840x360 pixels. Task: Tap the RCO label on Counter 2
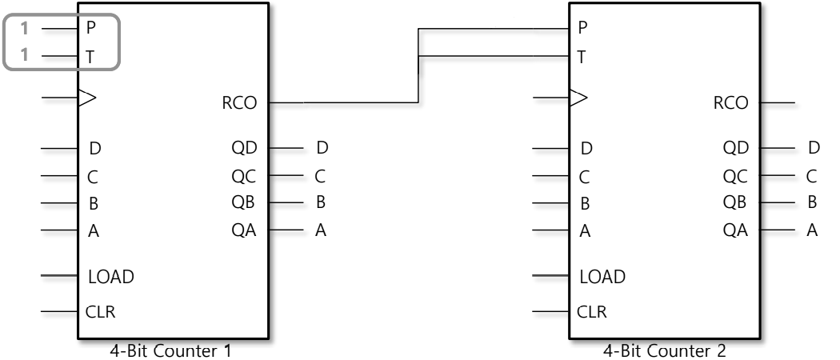click(x=730, y=102)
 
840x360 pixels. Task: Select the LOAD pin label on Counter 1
click(x=110, y=278)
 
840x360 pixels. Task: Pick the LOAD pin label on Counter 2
click(x=602, y=278)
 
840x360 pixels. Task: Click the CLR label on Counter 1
click(x=100, y=312)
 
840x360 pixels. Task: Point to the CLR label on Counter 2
click(x=591, y=312)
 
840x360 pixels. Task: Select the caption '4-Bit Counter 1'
click(x=172, y=350)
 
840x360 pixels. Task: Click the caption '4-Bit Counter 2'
click(x=663, y=350)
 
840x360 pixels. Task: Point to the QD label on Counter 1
click(x=243, y=148)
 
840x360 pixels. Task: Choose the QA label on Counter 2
click(x=734, y=231)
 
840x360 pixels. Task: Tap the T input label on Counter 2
click(x=582, y=57)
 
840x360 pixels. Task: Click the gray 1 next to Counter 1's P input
click(x=24, y=29)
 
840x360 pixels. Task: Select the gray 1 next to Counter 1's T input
click(x=24, y=57)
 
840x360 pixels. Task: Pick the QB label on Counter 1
click(x=243, y=202)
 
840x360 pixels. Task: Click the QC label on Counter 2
click(x=734, y=176)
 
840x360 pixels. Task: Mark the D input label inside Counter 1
click(x=95, y=149)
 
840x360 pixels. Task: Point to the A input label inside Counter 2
click(x=586, y=232)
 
